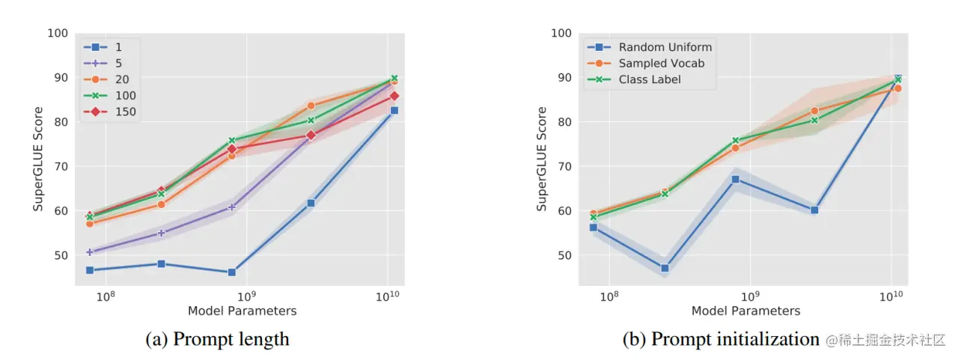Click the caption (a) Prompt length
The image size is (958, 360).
pyautogui.click(x=217, y=339)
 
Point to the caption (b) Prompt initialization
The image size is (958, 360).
pyautogui.click(x=721, y=339)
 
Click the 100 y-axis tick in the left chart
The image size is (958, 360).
pyautogui.click(x=58, y=34)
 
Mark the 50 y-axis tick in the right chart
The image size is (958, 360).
pyautogui.click(x=562, y=255)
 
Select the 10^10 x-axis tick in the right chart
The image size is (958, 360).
pyautogui.click(x=891, y=294)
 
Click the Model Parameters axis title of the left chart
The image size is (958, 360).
pyautogui.click(x=242, y=311)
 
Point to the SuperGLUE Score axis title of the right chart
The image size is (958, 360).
pyautogui.click(x=542, y=159)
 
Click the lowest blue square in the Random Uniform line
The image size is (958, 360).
pyautogui.click(x=664, y=268)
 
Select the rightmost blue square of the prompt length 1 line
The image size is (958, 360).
pyautogui.click(x=394, y=110)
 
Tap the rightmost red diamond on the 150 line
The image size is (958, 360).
pyautogui.click(x=394, y=96)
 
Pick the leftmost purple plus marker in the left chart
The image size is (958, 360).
pyautogui.click(x=90, y=252)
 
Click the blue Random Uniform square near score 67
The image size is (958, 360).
pyautogui.click(x=736, y=180)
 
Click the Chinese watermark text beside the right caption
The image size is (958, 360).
pyautogui.click(x=886, y=340)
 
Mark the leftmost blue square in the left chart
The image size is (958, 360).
pyautogui.click(x=90, y=270)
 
